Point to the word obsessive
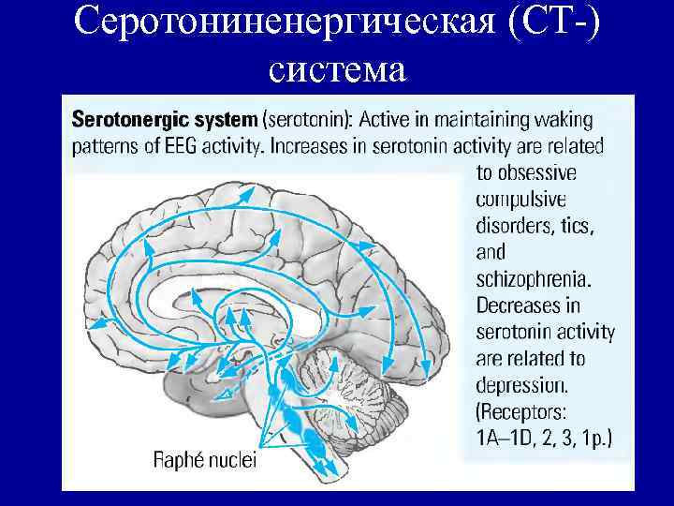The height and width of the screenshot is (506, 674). pos(526,172)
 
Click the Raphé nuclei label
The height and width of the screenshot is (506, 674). pos(201,460)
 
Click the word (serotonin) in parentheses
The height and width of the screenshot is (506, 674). pos(307,120)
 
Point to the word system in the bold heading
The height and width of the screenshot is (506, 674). pos(224,120)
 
